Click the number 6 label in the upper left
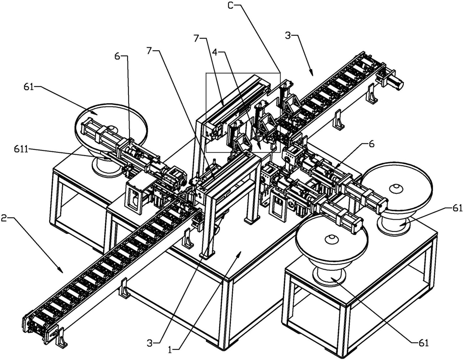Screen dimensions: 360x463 tap(117, 55)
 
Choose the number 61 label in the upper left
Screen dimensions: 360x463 tap(30, 87)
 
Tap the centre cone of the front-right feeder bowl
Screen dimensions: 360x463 tap(331, 239)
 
